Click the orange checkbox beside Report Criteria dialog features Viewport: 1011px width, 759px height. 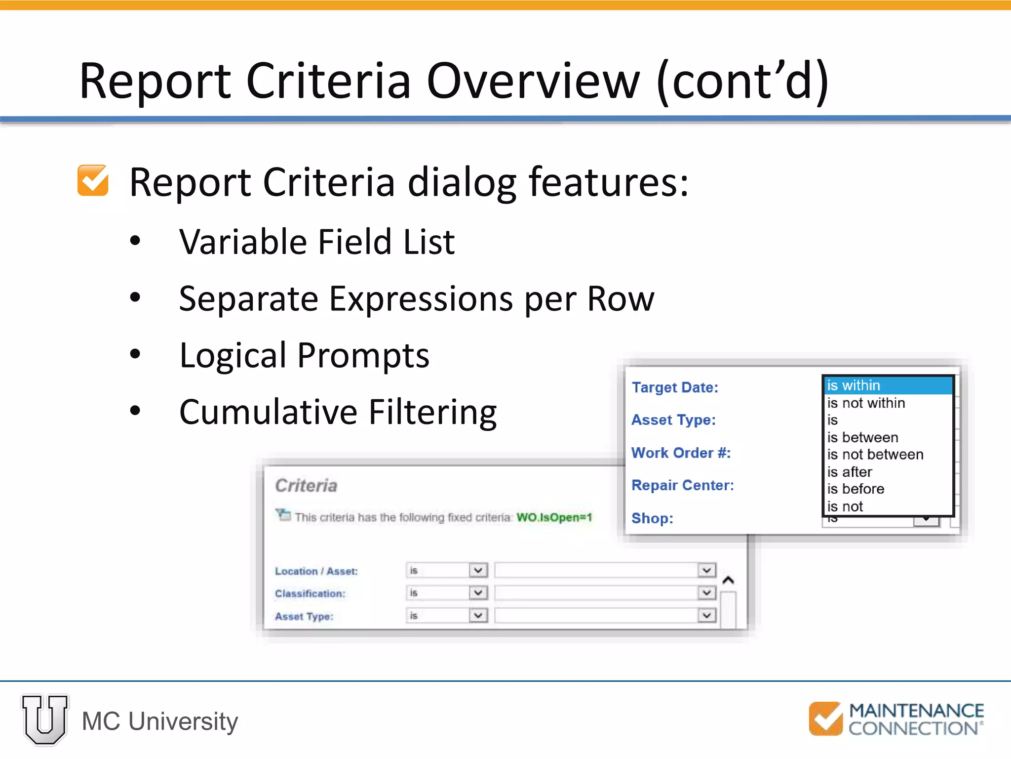tap(93, 181)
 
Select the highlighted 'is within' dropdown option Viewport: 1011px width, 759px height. tap(854, 385)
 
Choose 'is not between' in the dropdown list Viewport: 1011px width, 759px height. tap(875, 455)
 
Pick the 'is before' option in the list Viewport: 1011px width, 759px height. tap(855, 489)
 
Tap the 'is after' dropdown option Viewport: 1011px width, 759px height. tap(850, 472)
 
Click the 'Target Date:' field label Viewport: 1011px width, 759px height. tap(675, 387)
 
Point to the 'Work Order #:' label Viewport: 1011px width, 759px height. tap(681, 453)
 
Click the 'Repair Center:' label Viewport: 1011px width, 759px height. tap(683, 485)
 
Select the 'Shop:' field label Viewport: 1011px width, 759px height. tap(652, 518)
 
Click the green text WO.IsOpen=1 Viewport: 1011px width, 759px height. tap(554, 517)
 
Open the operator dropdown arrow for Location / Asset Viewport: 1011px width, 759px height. tap(478, 571)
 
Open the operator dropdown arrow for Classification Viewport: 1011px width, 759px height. tap(478, 592)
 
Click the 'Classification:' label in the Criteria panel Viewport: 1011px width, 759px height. tap(310, 593)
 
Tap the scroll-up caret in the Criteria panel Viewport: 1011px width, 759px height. tap(728, 580)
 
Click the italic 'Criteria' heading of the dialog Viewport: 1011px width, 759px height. tap(306, 486)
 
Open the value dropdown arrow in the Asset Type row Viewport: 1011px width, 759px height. tap(707, 616)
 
